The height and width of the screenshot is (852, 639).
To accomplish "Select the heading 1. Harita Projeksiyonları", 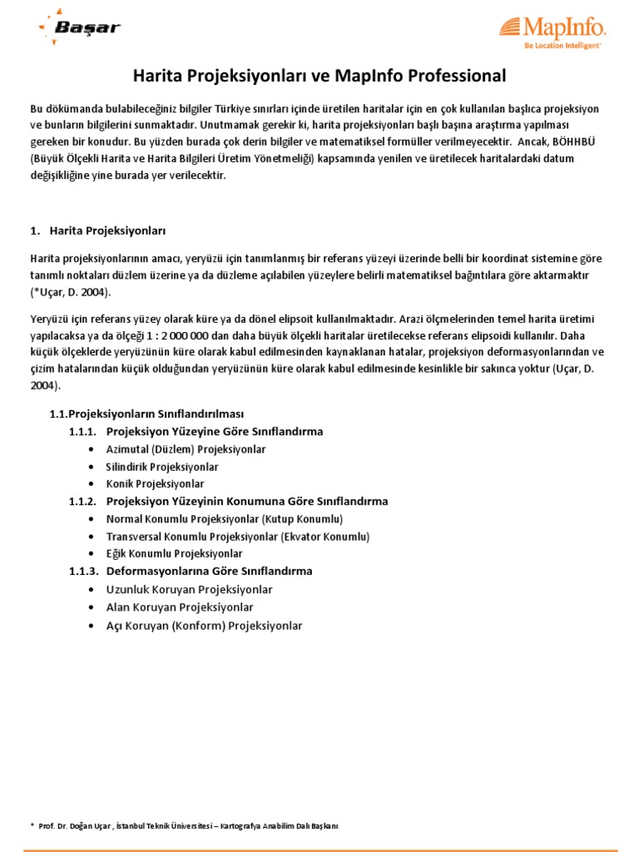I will point(104,230).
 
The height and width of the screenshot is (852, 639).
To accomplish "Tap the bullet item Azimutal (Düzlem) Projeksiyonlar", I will point(186,449).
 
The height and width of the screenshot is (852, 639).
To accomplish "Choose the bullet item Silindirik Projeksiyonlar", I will point(162,467).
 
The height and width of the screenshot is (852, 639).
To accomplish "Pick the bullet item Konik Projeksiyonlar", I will point(155,483).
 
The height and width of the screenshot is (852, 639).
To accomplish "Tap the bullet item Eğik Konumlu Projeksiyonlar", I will point(174,553).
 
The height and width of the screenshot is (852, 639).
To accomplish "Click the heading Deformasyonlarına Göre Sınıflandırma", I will point(210,571).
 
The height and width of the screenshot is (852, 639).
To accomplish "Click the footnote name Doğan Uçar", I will point(94,825).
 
